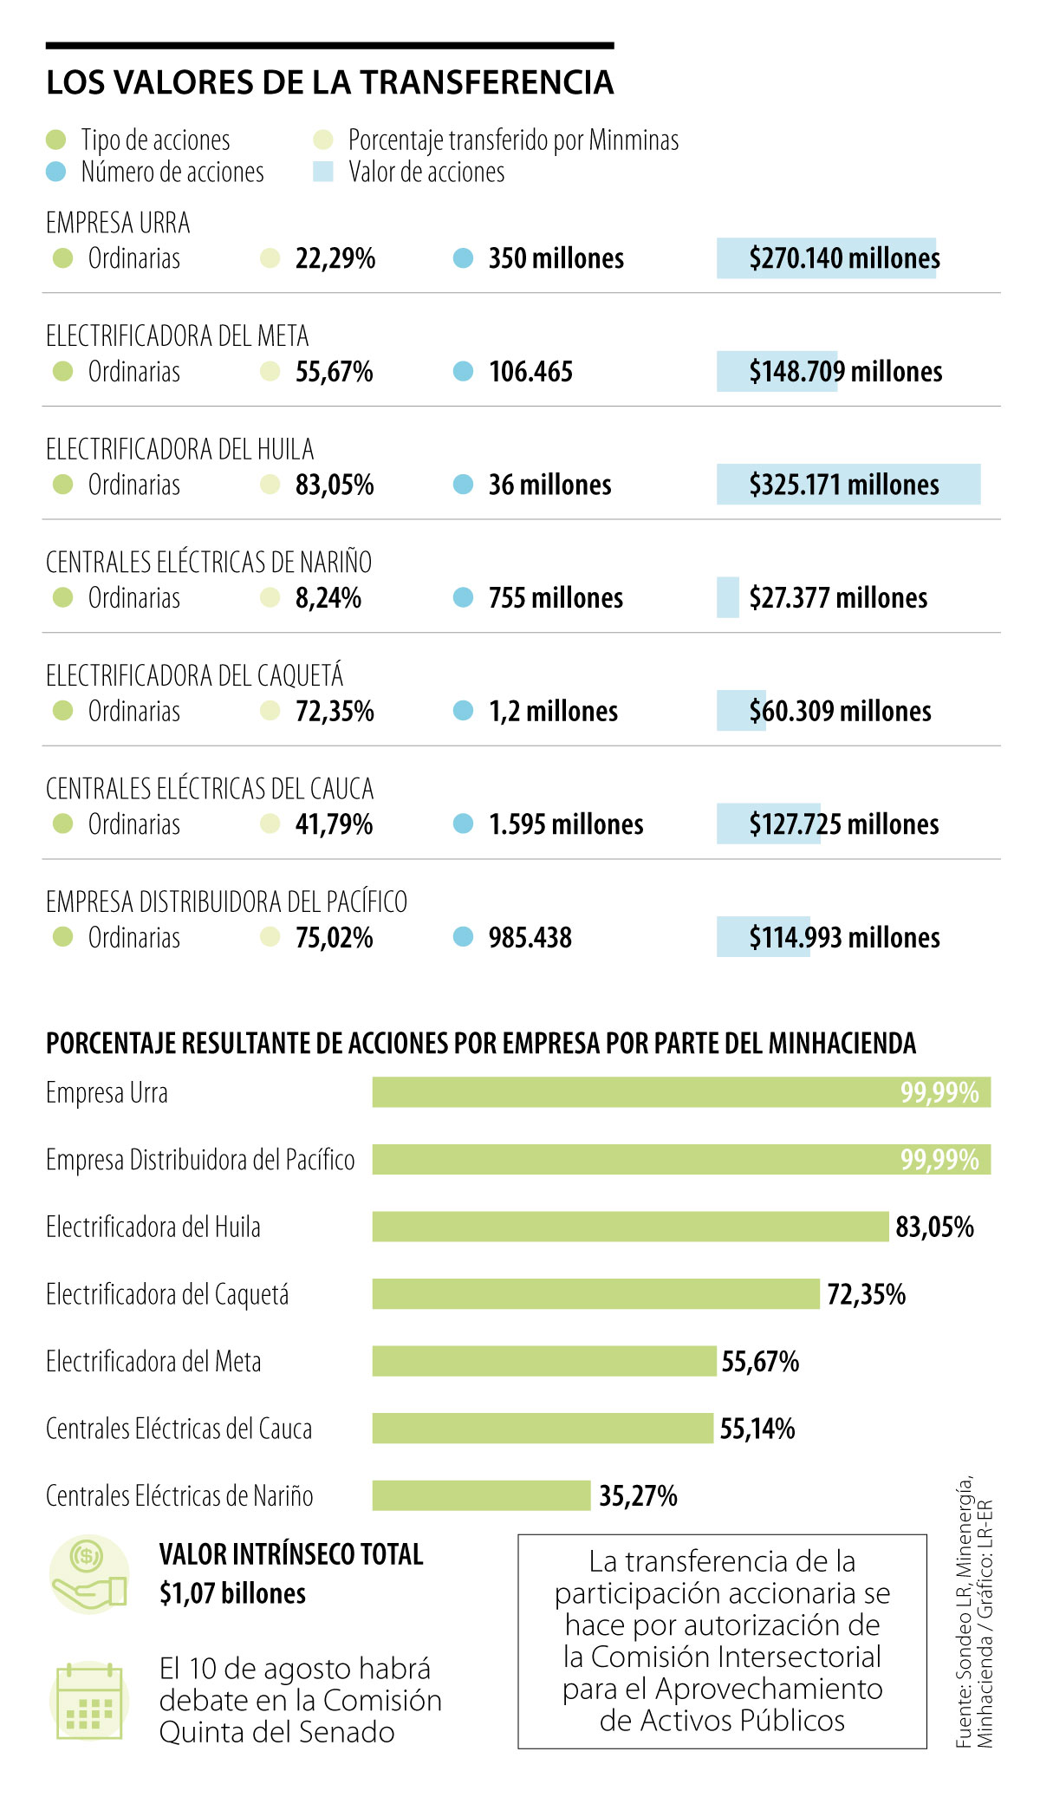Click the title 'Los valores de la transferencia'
[x=329, y=82]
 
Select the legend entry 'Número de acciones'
[x=172, y=172]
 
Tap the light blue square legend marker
[x=323, y=172]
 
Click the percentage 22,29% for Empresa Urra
[x=335, y=258]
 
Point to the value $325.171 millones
[x=844, y=485]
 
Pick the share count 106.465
[x=530, y=372]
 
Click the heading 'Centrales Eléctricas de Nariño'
[x=209, y=562]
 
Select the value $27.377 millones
[x=838, y=598]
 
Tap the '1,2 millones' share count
[x=553, y=711]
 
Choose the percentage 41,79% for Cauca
[x=334, y=824]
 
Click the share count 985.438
[x=530, y=937]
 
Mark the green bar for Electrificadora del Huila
[x=630, y=1227]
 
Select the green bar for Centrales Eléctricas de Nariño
[x=481, y=1495]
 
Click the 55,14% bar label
[x=757, y=1429]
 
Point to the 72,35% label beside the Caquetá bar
[x=866, y=1294]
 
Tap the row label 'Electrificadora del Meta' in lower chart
[x=153, y=1362]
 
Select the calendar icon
[x=89, y=1700]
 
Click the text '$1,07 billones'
[x=232, y=1593]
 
